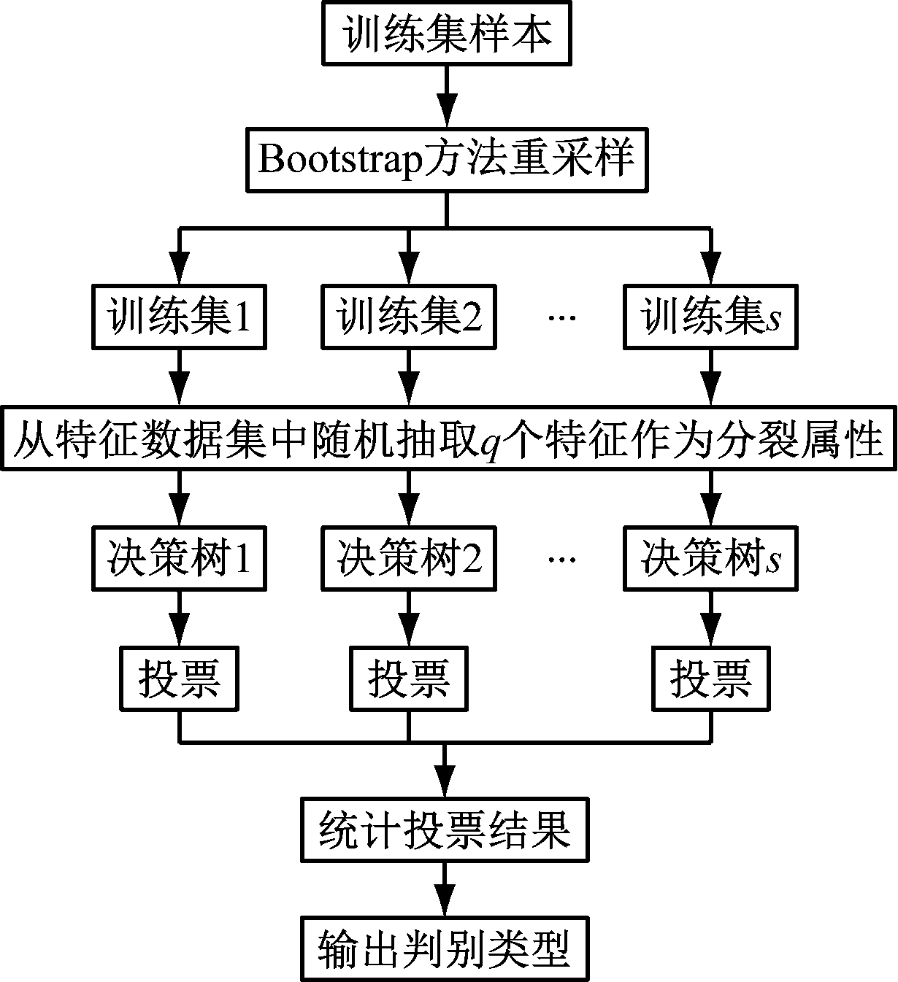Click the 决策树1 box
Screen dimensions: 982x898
coord(179,559)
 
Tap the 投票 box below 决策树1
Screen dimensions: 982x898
coord(179,679)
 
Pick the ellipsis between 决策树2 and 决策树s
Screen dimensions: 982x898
coord(561,559)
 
